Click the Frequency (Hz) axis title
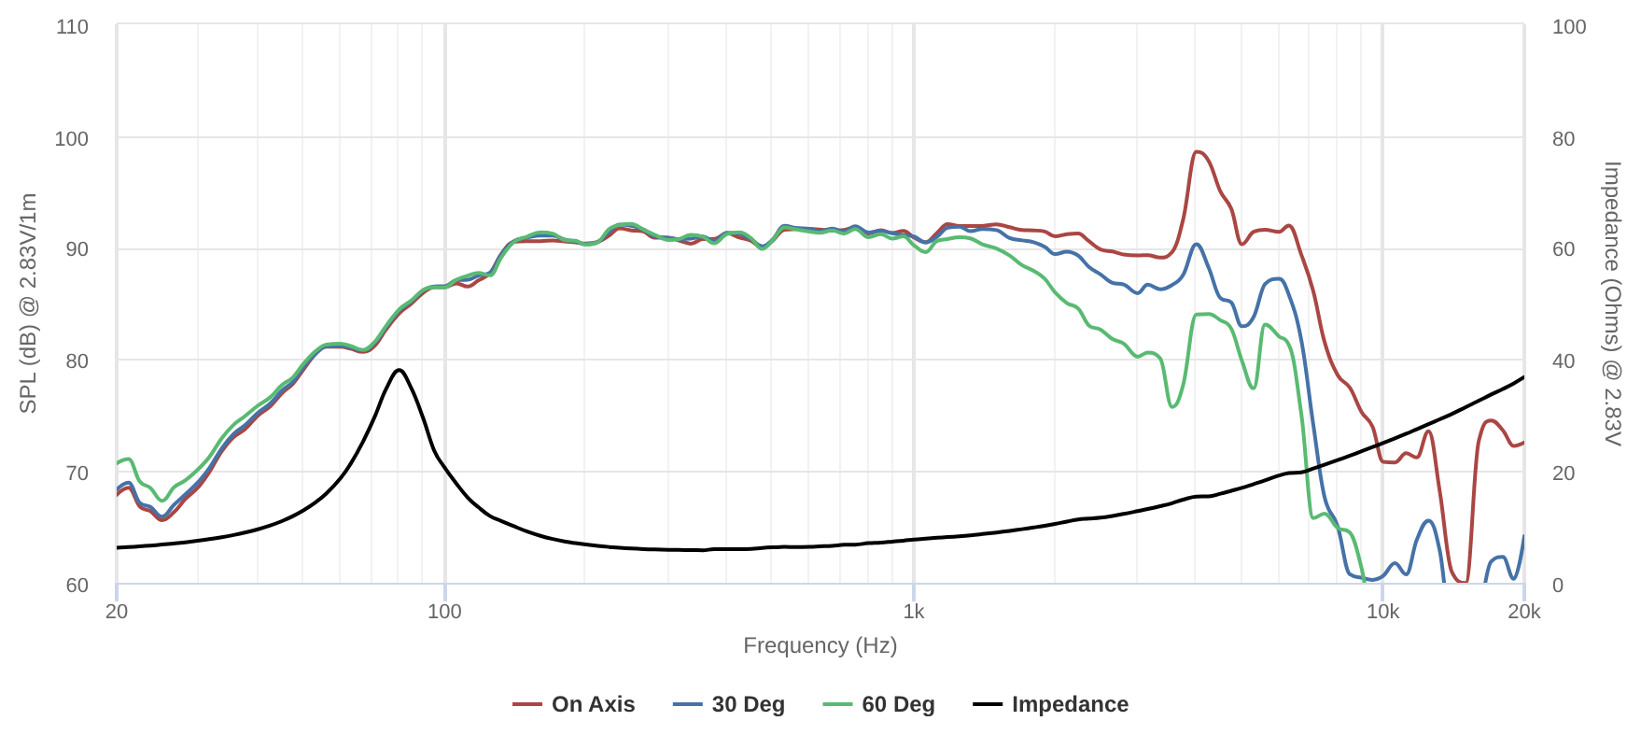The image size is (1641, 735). (820, 645)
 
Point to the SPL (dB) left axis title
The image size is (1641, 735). (28, 304)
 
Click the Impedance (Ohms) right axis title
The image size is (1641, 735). (1612, 304)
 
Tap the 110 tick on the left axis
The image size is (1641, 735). (72, 26)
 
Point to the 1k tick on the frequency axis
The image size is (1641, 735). (914, 612)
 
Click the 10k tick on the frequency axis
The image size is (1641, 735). (1382, 612)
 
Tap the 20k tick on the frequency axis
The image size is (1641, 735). (1523, 612)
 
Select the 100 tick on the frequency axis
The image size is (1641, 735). (444, 612)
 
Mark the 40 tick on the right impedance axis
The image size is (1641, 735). (1563, 361)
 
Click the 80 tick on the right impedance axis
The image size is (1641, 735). (1563, 138)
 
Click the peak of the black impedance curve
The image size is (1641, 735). (400, 370)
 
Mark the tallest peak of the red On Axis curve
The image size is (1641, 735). (1197, 151)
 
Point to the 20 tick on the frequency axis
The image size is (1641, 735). (117, 612)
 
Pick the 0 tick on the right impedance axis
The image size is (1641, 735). (1557, 586)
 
